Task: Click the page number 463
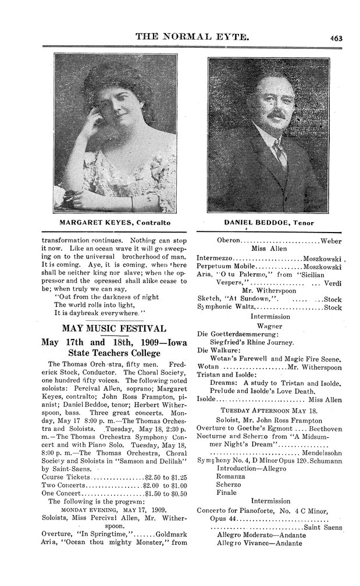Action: pos(336,38)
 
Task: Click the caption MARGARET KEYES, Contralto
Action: pos(115,223)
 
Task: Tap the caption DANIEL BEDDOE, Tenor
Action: pos(267,223)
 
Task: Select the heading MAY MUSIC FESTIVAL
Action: pos(115,327)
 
